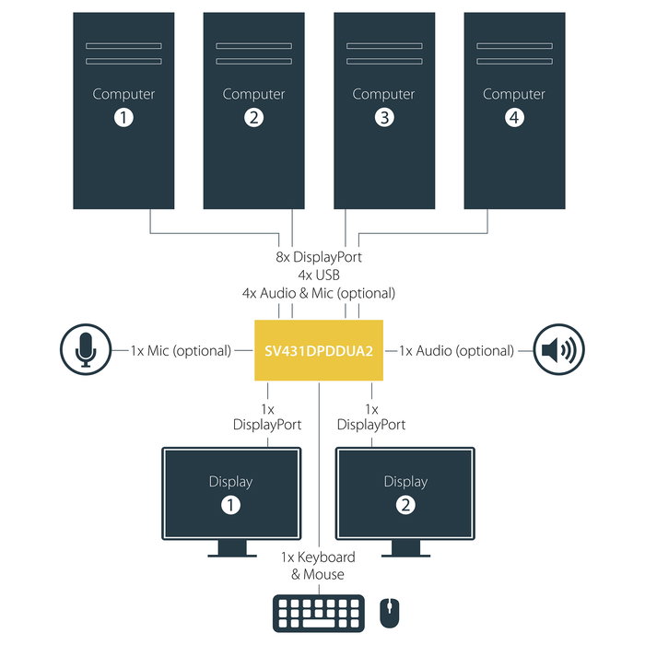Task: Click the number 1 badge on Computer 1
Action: coord(123,117)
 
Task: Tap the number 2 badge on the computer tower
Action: coord(254,117)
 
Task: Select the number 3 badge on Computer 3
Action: coord(384,117)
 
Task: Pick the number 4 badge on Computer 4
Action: coord(514,117)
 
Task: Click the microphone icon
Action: coord(85,350)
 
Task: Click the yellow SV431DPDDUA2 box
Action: coord(318,350)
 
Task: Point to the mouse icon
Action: coord(390,612)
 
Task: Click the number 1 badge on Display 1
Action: coord(230,504)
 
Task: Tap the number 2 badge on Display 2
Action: coord(405,504)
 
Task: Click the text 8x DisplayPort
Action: coord(318,257)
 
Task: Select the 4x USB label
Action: coord(318,275)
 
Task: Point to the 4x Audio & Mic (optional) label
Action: coord(318,293)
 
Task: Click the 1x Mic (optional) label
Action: coord(181,350)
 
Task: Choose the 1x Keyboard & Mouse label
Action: coord(318,566)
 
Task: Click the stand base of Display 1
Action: coord(230,554)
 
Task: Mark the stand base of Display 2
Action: coord(405,554)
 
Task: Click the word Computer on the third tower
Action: coord(384,94)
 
